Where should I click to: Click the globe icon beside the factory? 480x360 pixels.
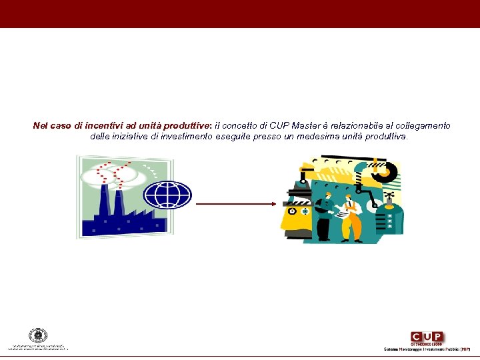pyautogui.click(x=168, y=194)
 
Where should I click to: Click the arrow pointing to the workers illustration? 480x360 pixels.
pyautogui.click(x=236, y=205)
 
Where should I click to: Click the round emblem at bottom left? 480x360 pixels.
pyautogui.click(x=38, y=336)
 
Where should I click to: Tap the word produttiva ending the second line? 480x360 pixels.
pyautogui.click(x=385, y=137)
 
